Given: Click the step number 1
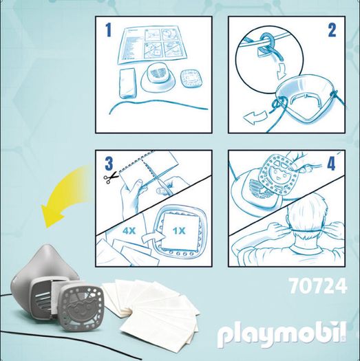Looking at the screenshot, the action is coord(108,30).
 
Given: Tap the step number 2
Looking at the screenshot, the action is coord(332,30).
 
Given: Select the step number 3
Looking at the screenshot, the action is coord(109,164).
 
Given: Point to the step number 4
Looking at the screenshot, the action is coord(331,164).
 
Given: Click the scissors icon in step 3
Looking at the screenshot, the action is coord(110,178).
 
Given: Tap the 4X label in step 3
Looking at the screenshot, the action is coord(129,230).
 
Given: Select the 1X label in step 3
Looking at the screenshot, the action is coord(178,230).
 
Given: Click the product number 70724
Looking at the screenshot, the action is coord(318,286).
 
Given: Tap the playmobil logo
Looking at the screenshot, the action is coord(282,335).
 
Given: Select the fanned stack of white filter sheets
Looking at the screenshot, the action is coord(150,309).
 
